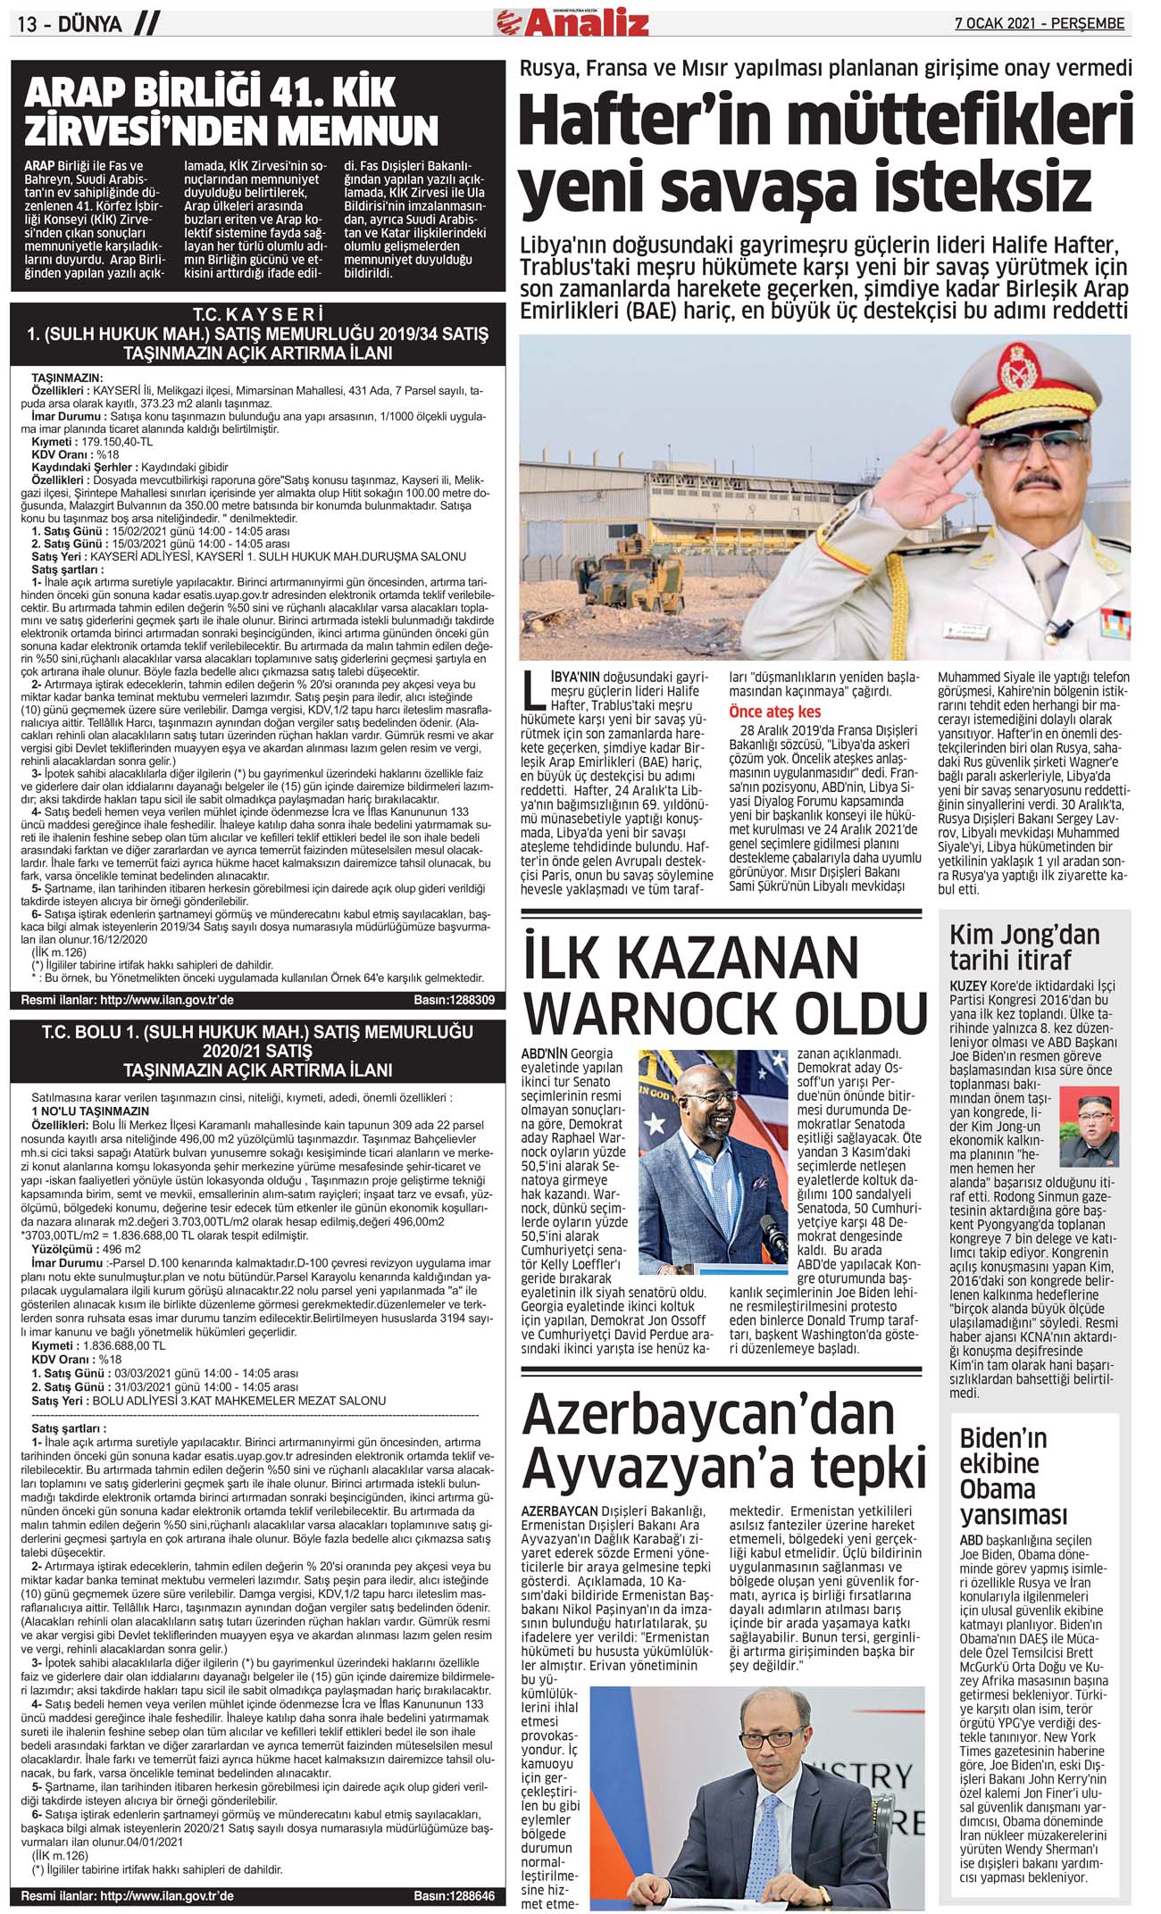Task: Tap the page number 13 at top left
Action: coord(28,25)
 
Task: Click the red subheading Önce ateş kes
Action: coord(774,712)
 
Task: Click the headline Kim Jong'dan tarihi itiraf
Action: coord(1023,947)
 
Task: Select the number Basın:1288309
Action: coord(454,1001)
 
